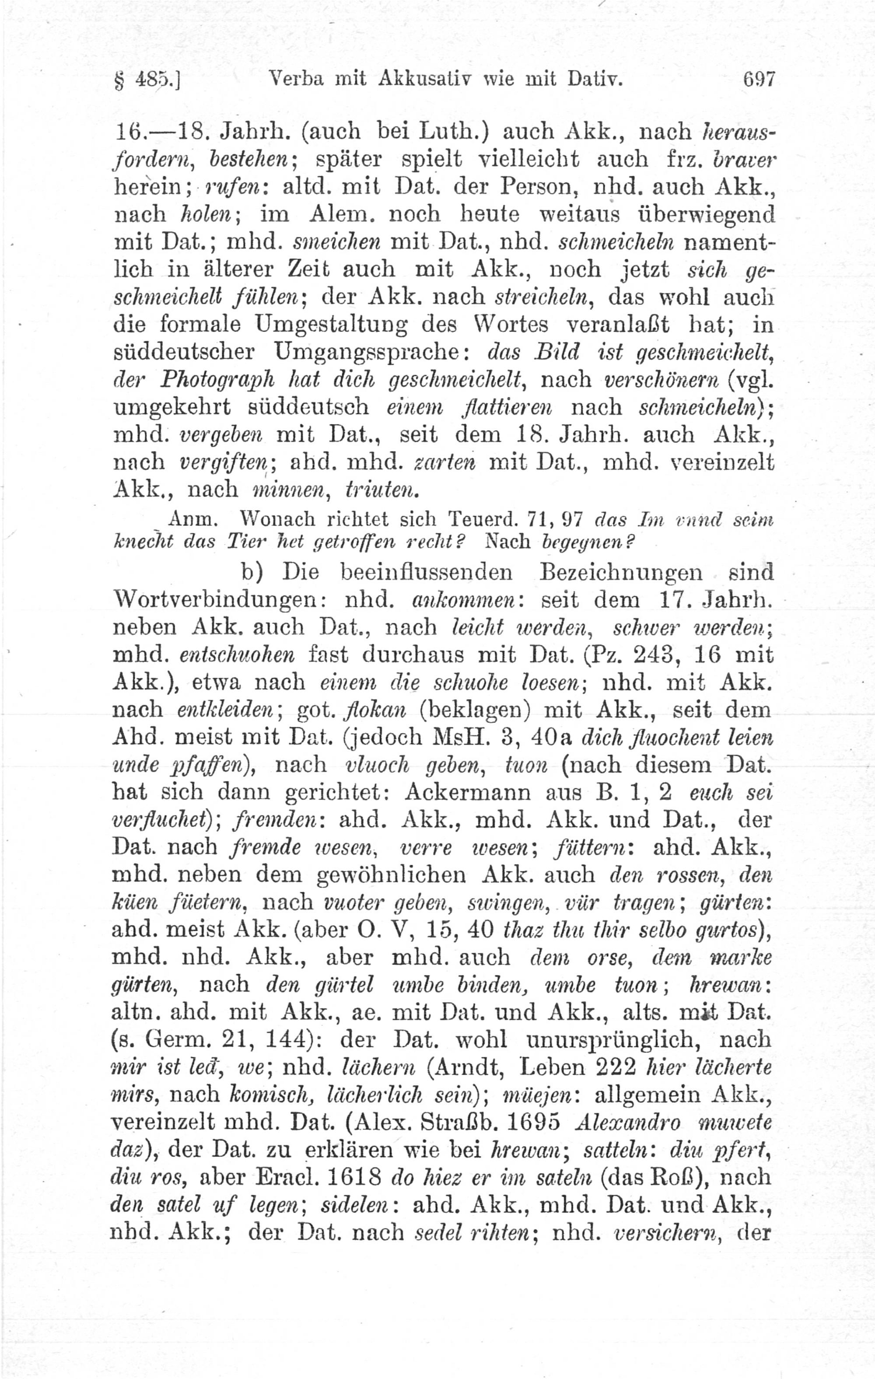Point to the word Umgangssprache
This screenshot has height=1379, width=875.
[372, 352]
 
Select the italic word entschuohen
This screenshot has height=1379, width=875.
[237, 655]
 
